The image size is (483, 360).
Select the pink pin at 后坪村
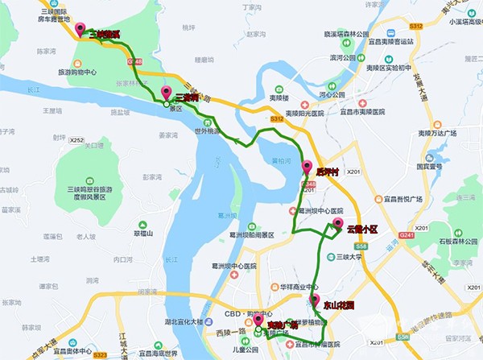(307, 167)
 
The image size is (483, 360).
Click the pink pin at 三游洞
(167, 92)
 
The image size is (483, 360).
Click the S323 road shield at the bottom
(100, 354)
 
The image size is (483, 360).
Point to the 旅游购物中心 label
(89, 72)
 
